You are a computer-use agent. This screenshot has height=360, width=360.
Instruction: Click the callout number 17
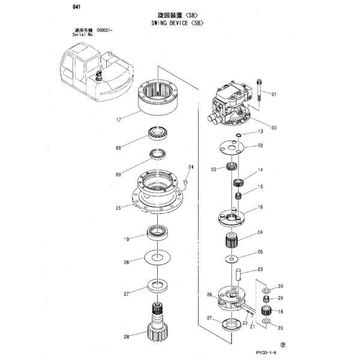pyautogui.click(x=119, y=120)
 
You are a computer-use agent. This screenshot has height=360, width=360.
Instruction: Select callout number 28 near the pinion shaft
pyautogui.click(x=127, y=336)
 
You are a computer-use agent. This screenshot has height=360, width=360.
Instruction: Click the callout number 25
pyautogui.click(x=119, y=208)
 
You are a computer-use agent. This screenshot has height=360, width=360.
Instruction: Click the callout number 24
pyautogui.click(x=191, y=167)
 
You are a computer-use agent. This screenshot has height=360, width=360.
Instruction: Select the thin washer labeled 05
pyautogui.click(x=232, y=259)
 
